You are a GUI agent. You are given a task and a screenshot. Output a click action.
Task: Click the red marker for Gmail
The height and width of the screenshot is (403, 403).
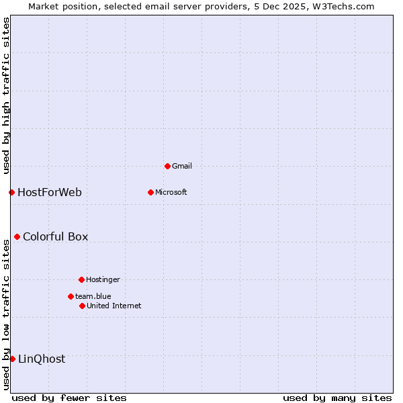pos(167,166)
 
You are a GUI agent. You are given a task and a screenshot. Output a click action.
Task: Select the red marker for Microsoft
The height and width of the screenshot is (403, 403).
pos(150,192)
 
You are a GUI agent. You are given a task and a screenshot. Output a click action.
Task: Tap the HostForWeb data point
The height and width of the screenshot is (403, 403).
pos(11,192)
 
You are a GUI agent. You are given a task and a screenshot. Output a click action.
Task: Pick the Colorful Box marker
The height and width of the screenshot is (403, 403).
pos(17,236)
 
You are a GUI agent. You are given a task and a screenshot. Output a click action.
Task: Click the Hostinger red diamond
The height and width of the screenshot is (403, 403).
pos(81,279)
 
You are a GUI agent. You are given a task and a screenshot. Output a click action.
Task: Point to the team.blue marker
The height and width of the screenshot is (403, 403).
pos(71,296)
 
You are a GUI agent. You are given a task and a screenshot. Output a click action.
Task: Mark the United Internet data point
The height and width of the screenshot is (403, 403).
pos(82,306)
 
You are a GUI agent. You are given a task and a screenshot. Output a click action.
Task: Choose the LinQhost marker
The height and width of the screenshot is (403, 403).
pos(12,359)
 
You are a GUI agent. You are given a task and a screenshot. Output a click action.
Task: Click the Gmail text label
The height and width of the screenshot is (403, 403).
pos(182,166)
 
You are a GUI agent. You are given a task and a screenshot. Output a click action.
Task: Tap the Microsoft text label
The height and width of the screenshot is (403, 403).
pos(171,192)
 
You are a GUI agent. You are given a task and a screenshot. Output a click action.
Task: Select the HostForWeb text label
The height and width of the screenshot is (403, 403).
pos(50,193)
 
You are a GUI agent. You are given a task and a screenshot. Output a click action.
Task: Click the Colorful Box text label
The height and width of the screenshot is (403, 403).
pos(55,237)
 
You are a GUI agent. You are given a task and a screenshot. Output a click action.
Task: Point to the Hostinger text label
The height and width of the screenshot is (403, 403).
pos(103,279)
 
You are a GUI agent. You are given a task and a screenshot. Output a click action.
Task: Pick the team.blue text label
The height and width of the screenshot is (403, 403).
pos(93,296)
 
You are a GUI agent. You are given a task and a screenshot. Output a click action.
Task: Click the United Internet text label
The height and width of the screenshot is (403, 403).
pos(114,306)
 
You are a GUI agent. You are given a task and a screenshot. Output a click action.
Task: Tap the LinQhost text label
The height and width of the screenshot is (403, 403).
pos(42,359)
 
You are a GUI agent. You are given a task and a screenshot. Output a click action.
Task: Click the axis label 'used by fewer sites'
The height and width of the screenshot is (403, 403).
pos(69,398)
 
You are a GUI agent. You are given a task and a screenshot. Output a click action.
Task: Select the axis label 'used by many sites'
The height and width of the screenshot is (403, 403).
pos(337,398)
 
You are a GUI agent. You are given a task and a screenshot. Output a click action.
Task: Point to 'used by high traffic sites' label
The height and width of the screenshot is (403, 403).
pos(6,95)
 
